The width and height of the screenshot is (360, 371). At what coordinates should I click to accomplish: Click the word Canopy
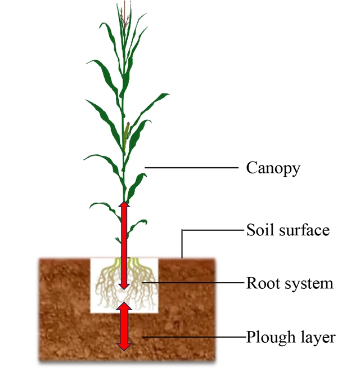(x=273, y=168)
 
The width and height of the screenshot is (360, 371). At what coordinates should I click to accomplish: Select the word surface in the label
(x=304, y=230)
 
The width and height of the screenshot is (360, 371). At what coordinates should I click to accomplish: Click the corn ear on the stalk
(x=127, y=136)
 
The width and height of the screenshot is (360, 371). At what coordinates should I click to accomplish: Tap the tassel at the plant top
(x=124, y=15)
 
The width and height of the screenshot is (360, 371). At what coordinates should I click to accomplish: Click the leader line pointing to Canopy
(x=192, y=168)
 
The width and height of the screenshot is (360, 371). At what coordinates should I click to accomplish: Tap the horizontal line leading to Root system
(x=192, y=282)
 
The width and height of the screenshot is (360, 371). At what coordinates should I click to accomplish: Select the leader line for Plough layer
(x=194, y=337)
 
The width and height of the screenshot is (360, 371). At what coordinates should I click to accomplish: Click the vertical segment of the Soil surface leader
(x=182, y=244)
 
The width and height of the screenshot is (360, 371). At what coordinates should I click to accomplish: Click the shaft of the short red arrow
(x=124, y=327)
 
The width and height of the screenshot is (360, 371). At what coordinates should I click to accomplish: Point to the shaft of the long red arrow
(x=124, y=245)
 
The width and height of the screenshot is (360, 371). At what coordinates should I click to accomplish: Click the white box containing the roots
(x=124, y=285)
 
